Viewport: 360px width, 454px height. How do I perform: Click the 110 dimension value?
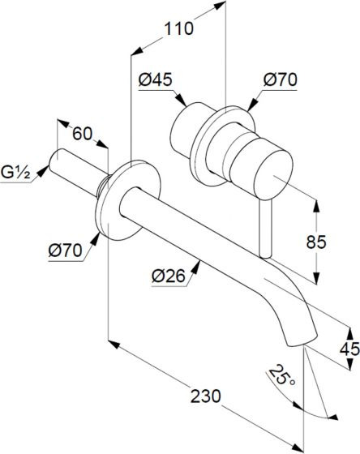[x=178, y=28]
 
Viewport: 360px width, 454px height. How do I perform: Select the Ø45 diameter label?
[x=155, y=79]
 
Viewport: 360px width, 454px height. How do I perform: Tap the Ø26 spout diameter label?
[x=169, y=276]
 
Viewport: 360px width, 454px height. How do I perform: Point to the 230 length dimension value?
[x=206, y=396]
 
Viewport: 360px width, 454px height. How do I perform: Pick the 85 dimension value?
[x=316, y=242]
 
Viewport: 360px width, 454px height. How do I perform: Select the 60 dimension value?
[x=82, y=134]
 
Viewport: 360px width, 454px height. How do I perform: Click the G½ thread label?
[x=15, y=172]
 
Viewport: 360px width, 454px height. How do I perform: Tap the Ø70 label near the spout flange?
[x=65, y=251]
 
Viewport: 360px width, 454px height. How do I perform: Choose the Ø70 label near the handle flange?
[x=280, y=79]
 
